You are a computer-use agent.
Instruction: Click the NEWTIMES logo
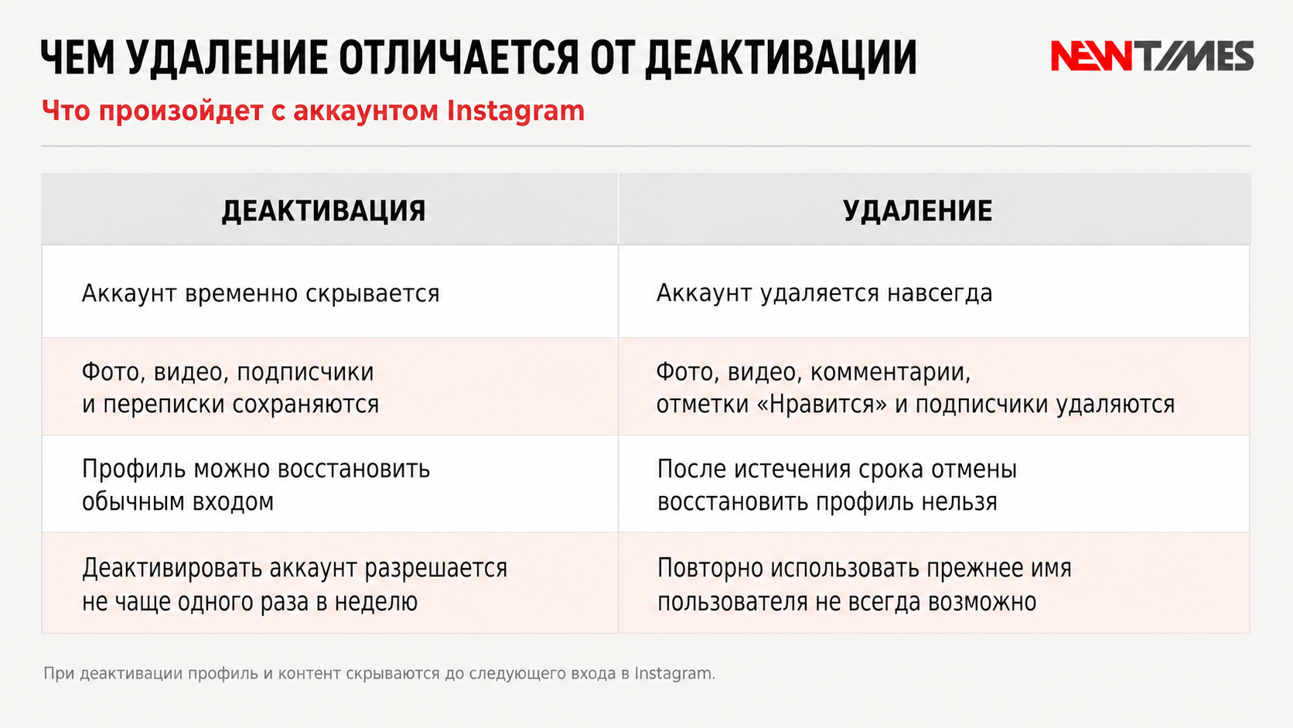click(1152, 56)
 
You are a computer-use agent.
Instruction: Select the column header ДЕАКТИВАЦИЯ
click(324, 210)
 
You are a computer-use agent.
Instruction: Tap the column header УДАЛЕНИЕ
click(918, 210)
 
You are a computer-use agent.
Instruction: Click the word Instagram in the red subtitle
click(516, 111)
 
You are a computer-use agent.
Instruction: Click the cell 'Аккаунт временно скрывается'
click(261, 293)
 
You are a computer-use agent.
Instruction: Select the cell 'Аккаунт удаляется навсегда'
click(824, 293)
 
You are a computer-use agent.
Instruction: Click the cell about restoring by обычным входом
click(256, 485)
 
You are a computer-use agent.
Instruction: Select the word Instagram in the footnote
click(675, 674)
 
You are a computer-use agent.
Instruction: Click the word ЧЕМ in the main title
click(77, 58)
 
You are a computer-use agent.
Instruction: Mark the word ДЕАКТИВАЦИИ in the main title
click(781, 58)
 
